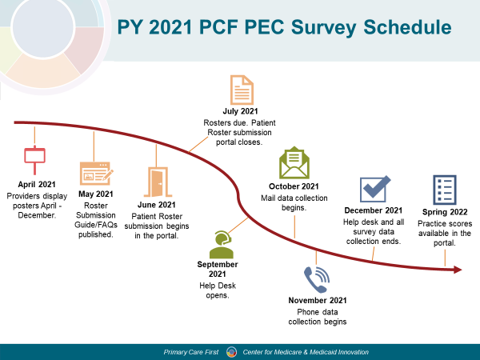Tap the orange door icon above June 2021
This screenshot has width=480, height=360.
(158, 182)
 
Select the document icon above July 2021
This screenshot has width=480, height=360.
(242, 90)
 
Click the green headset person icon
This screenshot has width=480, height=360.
(222, 245)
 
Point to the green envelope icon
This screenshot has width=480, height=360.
(294, 162)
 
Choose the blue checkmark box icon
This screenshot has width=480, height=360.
(375, 189)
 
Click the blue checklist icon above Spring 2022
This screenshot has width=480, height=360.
(445, 190)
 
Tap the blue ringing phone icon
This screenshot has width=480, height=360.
(317, 279)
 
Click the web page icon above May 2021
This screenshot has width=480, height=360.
(96, 174)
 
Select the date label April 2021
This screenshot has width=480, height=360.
(37, 184)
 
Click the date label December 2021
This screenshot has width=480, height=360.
(374, 210)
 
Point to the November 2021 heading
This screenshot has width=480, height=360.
(318, 300)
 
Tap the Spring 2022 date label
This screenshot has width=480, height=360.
(445, 212)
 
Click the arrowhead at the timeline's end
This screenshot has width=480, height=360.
(458, 270)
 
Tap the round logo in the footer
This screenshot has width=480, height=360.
(231, 352)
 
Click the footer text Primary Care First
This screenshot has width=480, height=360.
(191, 352)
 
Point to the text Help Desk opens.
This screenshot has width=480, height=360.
(218, 290)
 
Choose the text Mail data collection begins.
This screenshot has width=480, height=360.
(294, 203)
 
